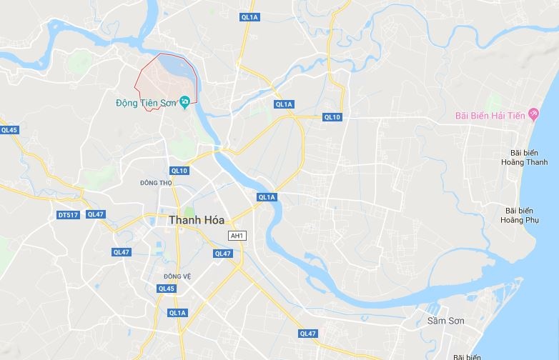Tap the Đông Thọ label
[157, 183]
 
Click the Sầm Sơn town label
[445, 321]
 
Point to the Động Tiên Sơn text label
[147, 103]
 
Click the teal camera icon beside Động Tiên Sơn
[184, 102]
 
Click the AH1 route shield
[236, 236]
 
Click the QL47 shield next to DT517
[95, 214]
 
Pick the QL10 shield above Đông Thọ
[179, 170]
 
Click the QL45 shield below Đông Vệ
[167, 288]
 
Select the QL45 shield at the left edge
[9, 130]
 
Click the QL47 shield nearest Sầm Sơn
[308, 333]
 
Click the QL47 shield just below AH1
[223, 254]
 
